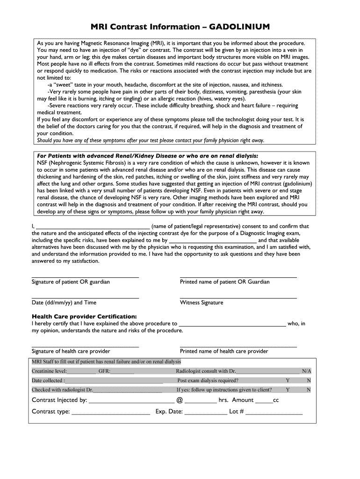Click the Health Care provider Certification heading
(84, 316)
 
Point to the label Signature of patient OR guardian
(71, 282)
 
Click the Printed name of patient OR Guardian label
(224, 282)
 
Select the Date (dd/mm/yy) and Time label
(64, 303)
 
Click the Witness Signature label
(202, 303)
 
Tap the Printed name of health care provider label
(224, 351)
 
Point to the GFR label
(104, 371)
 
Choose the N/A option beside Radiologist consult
(306, 371)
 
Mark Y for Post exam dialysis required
(288, 380)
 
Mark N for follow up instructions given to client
(309, 390)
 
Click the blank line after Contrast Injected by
(131, 401)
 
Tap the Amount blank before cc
(264, 401)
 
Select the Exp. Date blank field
(205, 413)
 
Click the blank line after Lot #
(274, 413)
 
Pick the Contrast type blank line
(111, 413)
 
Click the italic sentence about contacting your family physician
(151, 140)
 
